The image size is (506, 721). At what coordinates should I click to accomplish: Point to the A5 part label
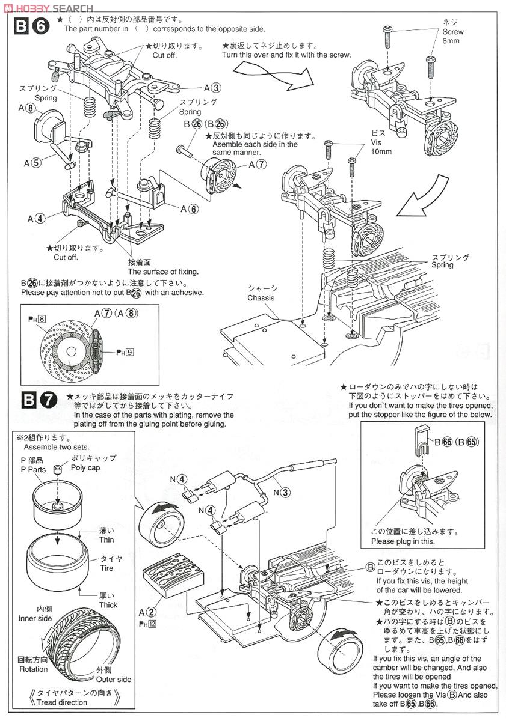pos(33,162)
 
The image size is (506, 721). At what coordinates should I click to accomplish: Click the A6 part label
pos(189,208)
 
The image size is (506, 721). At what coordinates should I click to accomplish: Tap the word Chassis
pos(261,298)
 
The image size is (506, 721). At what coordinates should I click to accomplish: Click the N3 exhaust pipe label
pos(282,492)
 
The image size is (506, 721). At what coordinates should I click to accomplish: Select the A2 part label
pos(148,612)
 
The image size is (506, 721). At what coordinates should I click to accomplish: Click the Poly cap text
pos(85,467)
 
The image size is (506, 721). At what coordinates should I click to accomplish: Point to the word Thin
pos(106,540)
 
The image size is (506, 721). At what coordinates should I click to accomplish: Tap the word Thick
pos(108,605)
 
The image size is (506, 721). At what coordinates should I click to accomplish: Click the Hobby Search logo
pos(48,8)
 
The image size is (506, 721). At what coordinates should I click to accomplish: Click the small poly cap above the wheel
pos(57,469)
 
